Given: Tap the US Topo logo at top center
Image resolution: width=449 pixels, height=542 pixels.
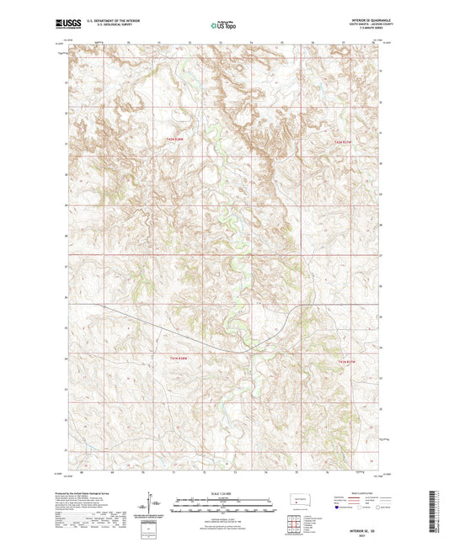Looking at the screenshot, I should tap(223, 26).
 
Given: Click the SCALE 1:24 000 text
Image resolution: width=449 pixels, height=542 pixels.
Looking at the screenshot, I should tap(223, 492).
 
